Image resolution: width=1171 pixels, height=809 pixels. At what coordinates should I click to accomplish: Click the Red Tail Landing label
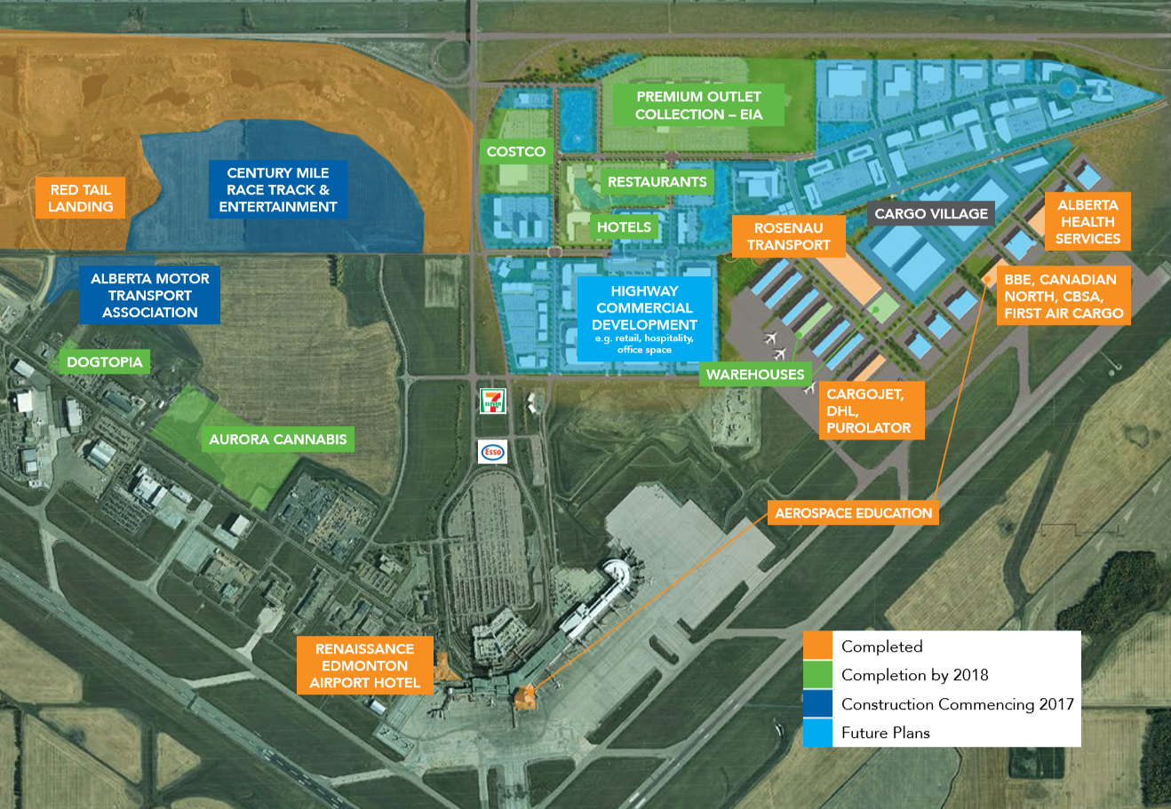coord(81,198)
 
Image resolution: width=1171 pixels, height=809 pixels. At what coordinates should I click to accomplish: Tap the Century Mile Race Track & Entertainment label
coord(278,190)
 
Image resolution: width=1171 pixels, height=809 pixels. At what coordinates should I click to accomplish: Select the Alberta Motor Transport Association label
coord(149,296)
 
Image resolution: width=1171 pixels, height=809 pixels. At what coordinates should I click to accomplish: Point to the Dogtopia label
coord(105,362)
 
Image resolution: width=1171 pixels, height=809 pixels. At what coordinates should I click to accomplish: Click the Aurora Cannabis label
coord(277,440)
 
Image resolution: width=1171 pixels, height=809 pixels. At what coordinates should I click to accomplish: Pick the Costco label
coord(516,152)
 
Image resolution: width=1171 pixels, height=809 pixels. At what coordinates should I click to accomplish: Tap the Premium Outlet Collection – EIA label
coord(698,106)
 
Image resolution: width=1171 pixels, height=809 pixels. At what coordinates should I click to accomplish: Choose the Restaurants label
coord(657,182)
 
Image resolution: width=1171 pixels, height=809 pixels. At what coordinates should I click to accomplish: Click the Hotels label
coord(624,227)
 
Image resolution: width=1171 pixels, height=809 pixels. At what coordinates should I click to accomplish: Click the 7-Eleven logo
coord(492,401)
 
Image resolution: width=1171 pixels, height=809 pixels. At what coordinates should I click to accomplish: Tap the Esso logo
coord(492,452)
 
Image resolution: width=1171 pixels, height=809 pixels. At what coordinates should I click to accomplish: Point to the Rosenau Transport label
coord(788,236)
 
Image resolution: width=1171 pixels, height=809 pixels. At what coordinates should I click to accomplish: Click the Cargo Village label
coord(931,214)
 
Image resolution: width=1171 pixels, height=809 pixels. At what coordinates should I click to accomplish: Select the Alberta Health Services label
coord(1087,222)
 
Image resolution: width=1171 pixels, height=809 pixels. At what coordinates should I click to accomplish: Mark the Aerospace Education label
coord(853,513)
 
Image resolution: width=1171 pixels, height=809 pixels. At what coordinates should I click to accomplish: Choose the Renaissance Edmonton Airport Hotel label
coord(364,666)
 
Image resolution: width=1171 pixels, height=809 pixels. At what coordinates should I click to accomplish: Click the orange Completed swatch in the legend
coord(817,646)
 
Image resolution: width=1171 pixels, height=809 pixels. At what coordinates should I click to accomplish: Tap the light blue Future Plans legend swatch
coord(817,733)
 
